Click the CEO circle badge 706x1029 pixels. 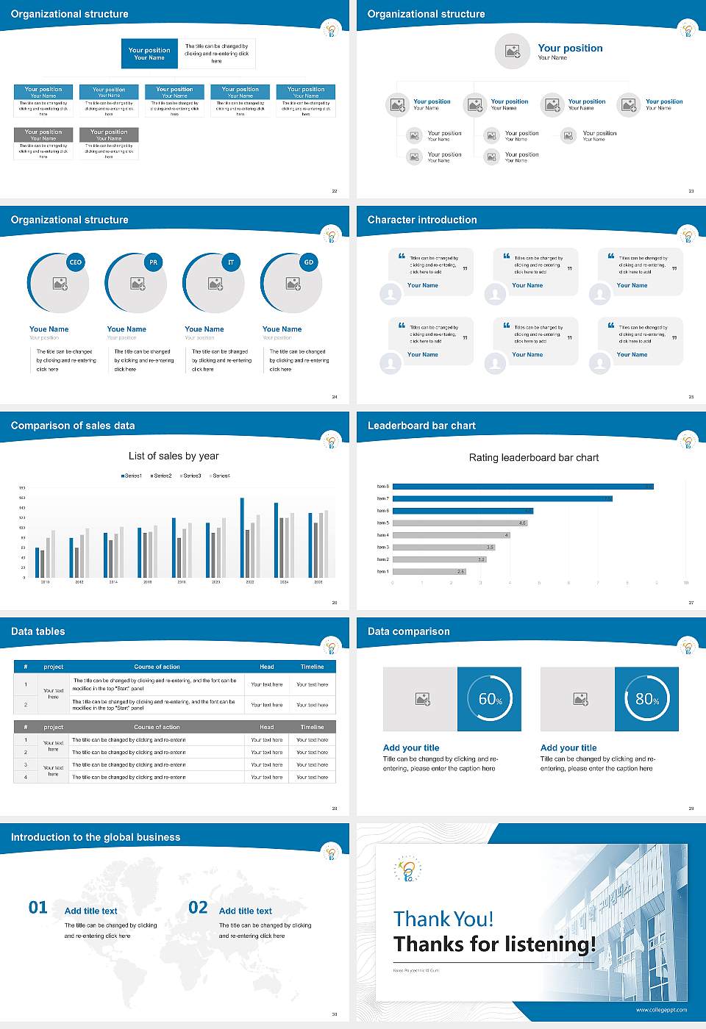(x=76, y=262)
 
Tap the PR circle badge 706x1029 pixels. (x=153, y=262)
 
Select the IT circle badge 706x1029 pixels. (x=231, y=262)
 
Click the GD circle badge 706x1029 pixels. (x=309, y=262)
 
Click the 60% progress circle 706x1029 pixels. (x=490, y=699)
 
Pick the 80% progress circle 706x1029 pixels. (x=647, y=699)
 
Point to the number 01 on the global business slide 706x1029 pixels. (x=38, y=908)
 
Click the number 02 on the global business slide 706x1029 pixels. (x=198, y=908)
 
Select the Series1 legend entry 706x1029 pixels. (x=132, y=476)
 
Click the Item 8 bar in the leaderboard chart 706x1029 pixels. (x=522, y=487)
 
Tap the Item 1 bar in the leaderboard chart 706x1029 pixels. (x=429, y=571)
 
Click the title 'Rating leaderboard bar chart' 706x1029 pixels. (x=534, y=457)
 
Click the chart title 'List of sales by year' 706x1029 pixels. (x=174, y=456)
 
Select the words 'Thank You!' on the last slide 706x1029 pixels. (x=443, y=919)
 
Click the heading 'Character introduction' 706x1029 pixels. (x=422, y=220)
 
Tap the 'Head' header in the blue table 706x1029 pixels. (x=267, y=667)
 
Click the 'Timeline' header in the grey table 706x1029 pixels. (x=313, y=727)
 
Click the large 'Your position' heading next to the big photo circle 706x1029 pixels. (x=570, y=48)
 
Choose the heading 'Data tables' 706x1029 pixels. (x=38, y=631)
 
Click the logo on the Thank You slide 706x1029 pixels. (x=407, y=870)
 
